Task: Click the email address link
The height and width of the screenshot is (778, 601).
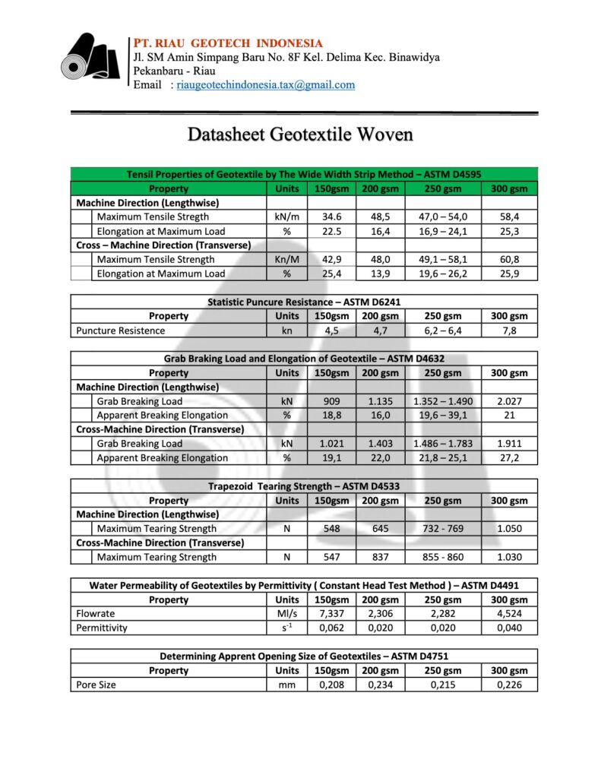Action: tap(265, 85)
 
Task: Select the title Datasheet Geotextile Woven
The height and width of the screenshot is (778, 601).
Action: tap(300, 135)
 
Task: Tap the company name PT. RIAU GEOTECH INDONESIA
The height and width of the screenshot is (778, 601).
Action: tap(228, 43)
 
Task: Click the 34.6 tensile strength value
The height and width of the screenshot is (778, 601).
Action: tap(331, 217)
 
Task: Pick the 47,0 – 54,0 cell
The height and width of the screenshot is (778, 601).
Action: tap(443, 217)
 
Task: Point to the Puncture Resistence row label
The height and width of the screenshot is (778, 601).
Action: tap(120, 330)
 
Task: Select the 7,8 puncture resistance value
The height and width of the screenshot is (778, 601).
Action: tap(509, 330)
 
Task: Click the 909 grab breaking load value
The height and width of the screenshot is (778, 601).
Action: tap(331, 401)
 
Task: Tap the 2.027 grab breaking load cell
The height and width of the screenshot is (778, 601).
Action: tap(509, 401)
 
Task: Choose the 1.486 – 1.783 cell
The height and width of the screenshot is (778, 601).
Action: tap(443, 444)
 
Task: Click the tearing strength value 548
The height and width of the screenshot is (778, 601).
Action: tap(331, 529)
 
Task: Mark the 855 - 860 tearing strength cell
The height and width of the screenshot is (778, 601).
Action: tap(443, 557)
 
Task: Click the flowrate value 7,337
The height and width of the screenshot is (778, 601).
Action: tap(331, 614)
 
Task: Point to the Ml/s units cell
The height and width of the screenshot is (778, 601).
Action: tap(286, 614)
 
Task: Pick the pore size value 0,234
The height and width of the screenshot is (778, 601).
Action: tap(381, 685)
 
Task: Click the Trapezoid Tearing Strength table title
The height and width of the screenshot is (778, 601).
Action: tap(304, 486)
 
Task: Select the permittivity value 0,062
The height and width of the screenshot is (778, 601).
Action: tap(331, 628)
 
